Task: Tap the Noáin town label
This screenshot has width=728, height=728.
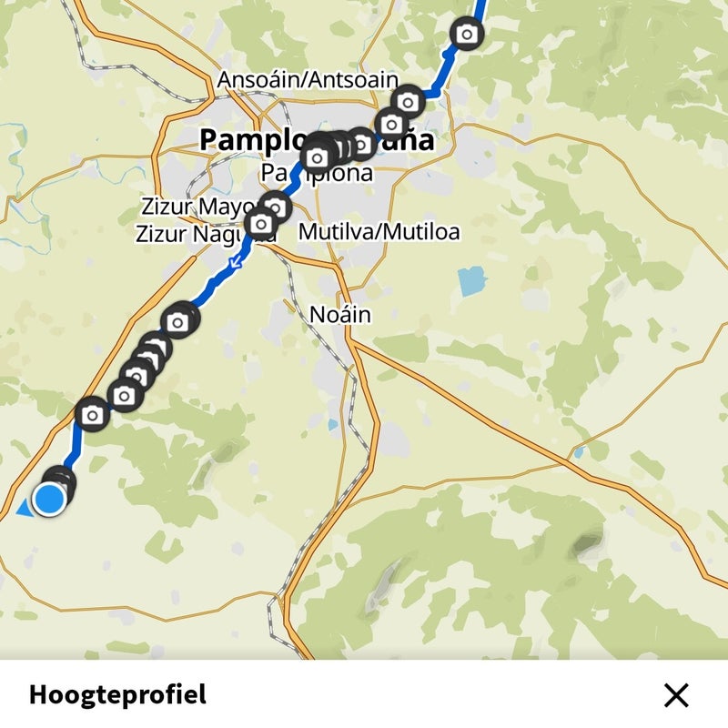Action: [x=340, y=315]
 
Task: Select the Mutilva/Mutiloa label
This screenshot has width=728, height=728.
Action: [x=379, y=231]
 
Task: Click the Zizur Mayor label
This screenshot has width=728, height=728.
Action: [x=195, y=207]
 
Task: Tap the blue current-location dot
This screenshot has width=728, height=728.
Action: [x=49, y=499]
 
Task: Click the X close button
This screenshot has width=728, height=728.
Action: [x=676, y=695]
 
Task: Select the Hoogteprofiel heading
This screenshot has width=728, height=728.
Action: [x=117, y=695]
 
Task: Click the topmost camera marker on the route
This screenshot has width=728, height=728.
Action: [x=467, y=35]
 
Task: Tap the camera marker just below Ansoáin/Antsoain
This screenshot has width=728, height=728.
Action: [x=408, y=102]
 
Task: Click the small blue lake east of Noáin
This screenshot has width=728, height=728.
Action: [x=472, y=281]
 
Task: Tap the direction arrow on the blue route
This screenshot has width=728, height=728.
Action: [x=236, y=264]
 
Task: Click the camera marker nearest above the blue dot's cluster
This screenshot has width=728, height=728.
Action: [x=92, y=414]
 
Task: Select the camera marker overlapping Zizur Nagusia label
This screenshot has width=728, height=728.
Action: [x=261, y=223]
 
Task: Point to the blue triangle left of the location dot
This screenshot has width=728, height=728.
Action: [x=24, y=508]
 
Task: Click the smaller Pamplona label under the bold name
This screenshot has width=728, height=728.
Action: [x=317, y=173]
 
